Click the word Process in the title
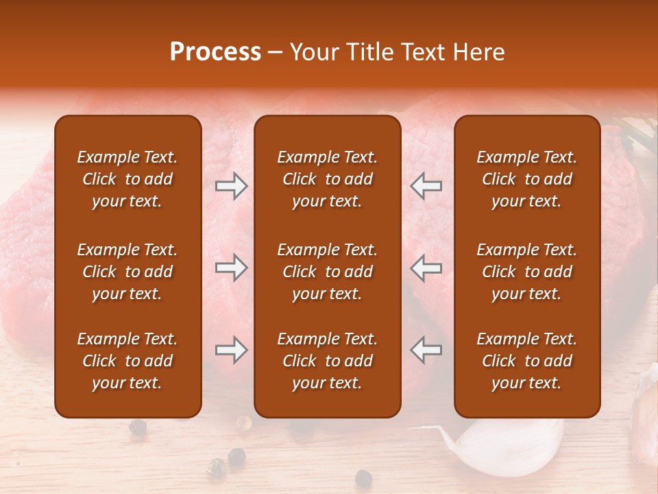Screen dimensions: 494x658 [x=215, y=52]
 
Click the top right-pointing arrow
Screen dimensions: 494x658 [x=231, y=186]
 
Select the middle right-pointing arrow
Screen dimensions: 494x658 [x=231, y=268]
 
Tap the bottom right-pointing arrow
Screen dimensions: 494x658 [x=231, y=350]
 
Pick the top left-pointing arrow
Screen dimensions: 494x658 [x=426, y=186]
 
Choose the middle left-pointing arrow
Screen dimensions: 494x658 [x=426, y=268]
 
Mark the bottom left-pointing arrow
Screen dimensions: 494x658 [x=426, y=350]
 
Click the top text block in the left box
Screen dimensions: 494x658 [x=127, y=179]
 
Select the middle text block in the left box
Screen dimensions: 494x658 [x=127, y=272]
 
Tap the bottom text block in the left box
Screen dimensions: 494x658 [x=127, y=361]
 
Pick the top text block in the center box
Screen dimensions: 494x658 [x=327, y=179]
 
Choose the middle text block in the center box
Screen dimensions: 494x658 [x=327, y=272]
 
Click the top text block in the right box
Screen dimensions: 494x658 [x=526, y=179]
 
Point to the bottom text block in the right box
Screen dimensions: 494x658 [x=526, y=361]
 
